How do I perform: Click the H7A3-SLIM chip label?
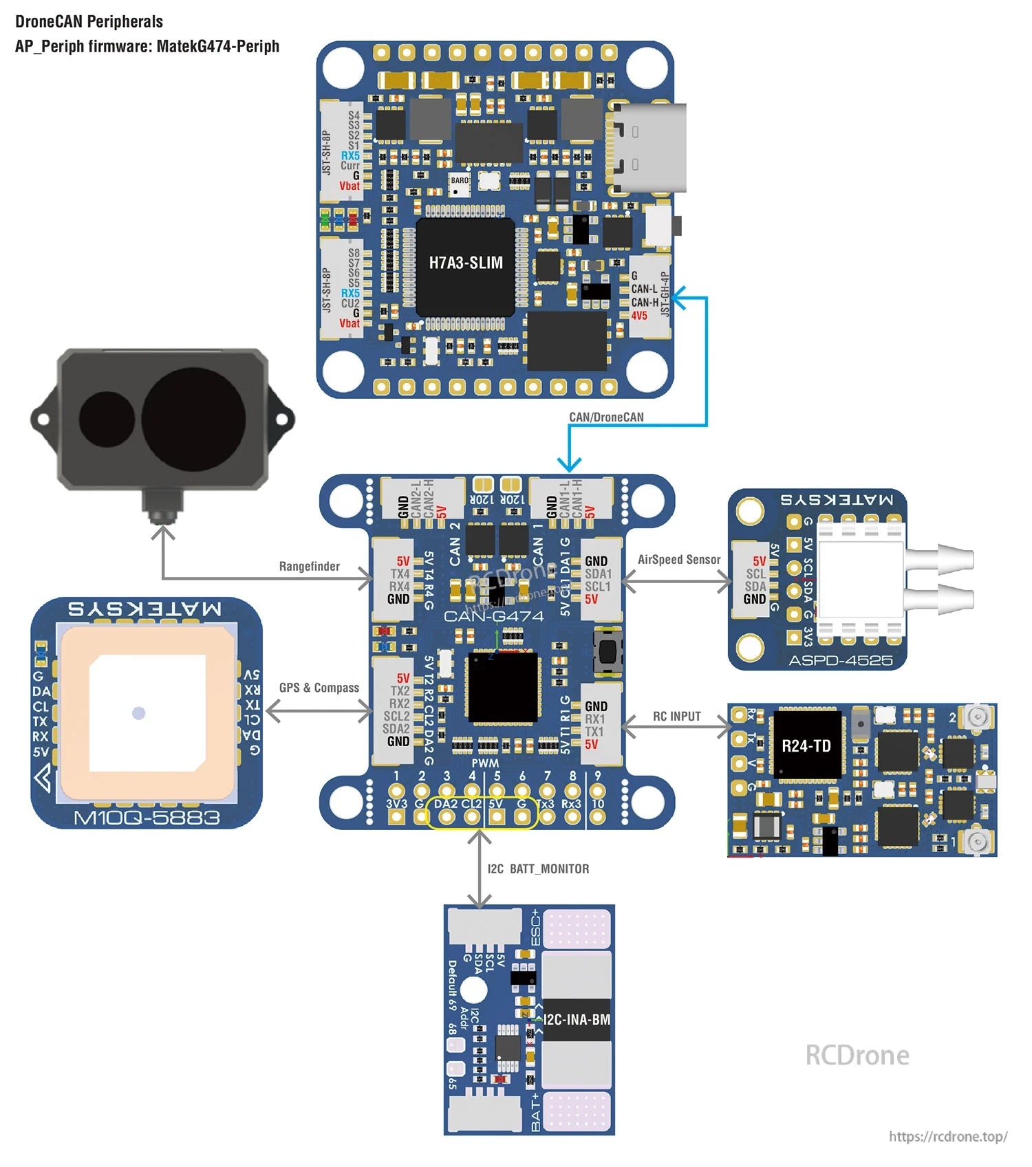click(466, 263)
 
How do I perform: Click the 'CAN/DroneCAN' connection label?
click(606, 417)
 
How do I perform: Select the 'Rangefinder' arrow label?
click(309, 566)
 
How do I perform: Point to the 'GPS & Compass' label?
click(319, 688)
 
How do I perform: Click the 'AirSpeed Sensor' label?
click(678, 559)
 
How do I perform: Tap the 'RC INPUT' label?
click(676, 716)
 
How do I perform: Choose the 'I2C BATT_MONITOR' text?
click(538, 869)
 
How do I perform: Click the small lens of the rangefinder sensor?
click(107, 419)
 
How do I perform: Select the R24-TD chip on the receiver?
click(806, 745)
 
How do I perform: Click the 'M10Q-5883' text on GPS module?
click(147, 818)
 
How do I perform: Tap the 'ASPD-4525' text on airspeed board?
click(840, 660)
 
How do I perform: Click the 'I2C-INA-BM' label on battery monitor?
click(577, 1019)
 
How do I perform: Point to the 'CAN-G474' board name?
click(493, 615)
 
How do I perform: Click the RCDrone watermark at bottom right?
click(857, 1055)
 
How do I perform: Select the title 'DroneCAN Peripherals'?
click(89, 21)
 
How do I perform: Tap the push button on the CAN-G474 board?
click(608, 649)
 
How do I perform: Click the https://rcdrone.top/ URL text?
click(947, 1136)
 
